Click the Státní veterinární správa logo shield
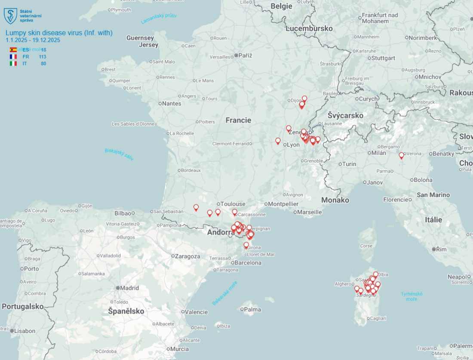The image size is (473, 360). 10,16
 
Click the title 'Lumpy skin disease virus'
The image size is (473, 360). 59,33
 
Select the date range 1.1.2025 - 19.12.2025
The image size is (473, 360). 33,40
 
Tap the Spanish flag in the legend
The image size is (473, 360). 13,50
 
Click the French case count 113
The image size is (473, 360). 42,57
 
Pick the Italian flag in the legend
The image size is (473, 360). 13,64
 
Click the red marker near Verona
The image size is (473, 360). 402,155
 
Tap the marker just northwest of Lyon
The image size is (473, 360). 278,141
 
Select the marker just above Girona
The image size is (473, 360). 246,245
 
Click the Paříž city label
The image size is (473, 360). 245,55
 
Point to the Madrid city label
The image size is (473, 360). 129,288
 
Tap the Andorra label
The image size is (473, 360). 221,233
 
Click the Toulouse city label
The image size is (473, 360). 233,204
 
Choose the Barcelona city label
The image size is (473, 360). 246,262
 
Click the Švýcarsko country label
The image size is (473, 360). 345,115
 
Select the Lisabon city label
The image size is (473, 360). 25,331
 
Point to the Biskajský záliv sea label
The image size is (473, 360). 119,154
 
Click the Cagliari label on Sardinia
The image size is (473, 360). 377,318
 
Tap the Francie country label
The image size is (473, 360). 238,120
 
